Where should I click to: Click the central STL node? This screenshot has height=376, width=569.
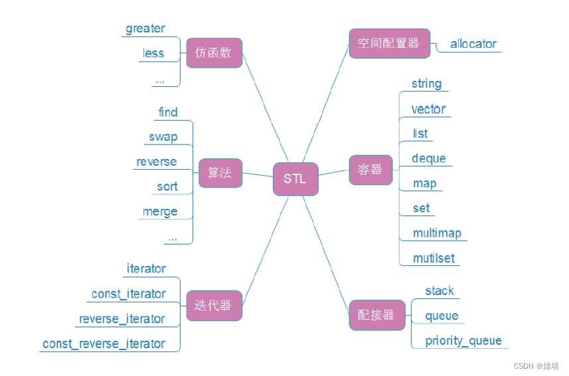click(x=295, y=179)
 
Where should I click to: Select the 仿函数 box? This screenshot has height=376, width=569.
click(x=214, y=53)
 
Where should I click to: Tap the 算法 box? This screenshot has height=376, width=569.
click(x=220, y=173)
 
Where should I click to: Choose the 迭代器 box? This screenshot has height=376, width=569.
click(x=214, y=306)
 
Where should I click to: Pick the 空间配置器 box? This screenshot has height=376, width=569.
click(x=389, y=44)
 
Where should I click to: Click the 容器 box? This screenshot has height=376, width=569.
click(x=370, y=170)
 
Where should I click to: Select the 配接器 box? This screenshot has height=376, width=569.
click(x=376, y=315)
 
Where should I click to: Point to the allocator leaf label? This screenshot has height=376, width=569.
click(x=473, y=44)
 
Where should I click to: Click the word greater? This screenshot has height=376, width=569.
click(x=145, y=29)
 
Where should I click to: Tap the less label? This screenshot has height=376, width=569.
click(x=153, y=53)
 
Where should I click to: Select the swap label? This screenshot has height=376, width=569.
click(x=163, y=137)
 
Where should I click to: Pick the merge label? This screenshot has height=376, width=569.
click(x=160, y=212)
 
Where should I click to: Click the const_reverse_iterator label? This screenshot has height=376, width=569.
click(x=104, y=344)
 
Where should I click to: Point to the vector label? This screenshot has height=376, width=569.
click(x=428, y=109)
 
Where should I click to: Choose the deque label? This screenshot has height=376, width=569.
click(x=428, y=158)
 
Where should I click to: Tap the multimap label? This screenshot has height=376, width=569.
click(x=437, y=233)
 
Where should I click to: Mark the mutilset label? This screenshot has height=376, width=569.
click(x=434, y=258)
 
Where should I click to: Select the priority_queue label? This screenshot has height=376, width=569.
click(x=463, y=341)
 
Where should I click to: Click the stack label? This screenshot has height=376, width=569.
click(x=439, y=290)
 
